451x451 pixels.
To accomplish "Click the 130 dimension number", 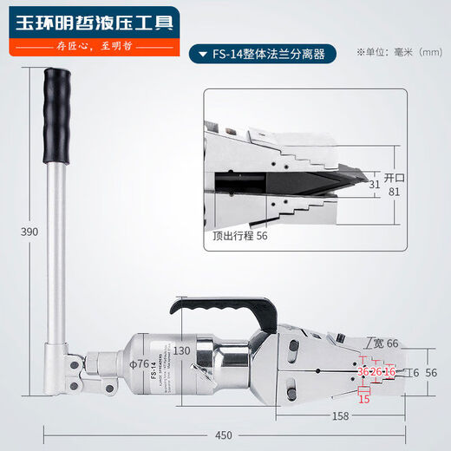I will click(x=182, y=350).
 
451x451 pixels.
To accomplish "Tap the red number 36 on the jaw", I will click(x=363, y=371).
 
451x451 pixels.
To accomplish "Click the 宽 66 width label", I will click(x=383, y=343).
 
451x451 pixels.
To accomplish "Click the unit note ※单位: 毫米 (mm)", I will click(x=400, y=53).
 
